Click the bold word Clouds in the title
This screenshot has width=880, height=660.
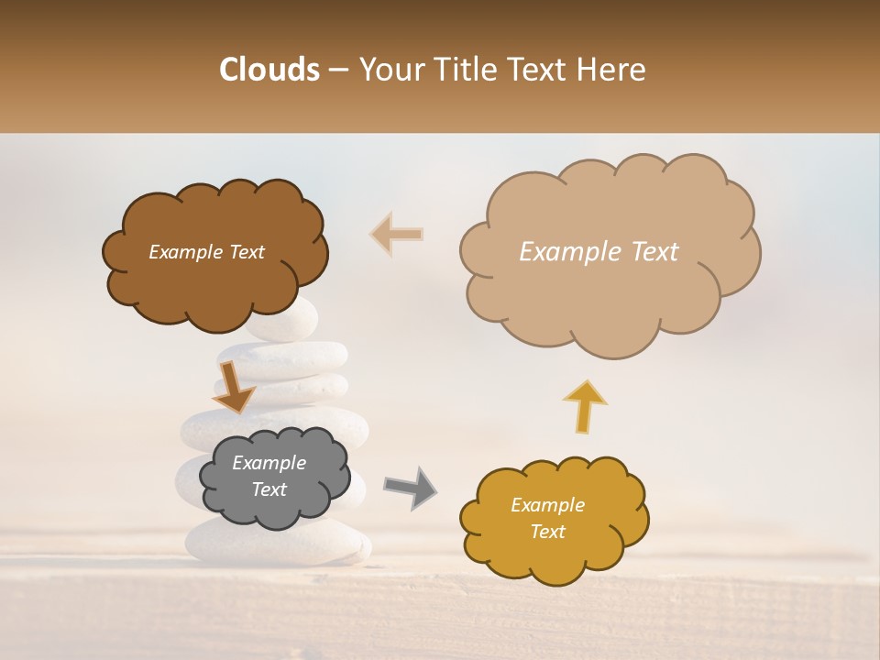pyautogui.click(x=269, y=70)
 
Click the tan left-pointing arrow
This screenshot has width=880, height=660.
pyautogui.click(x=396, y=235)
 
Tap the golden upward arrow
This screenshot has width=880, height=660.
pyautogui.click(x=585, y=405)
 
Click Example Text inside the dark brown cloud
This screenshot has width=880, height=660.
pyautogui.click(x=206, y=252)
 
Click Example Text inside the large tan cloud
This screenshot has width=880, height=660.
pyautogui.click(x=599, y=252)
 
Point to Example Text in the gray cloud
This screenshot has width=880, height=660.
pyautogui.click(x=269, y=476)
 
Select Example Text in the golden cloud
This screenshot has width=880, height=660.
pyautogui.click(x=547, y=518)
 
